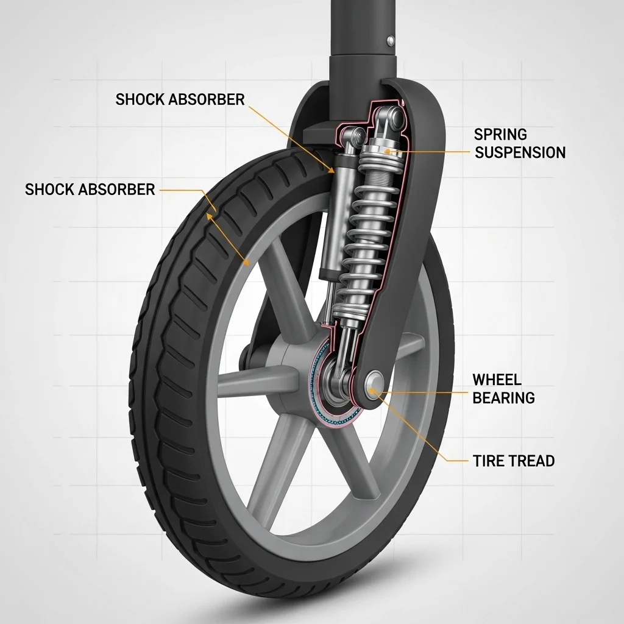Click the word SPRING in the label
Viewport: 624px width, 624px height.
click(x=500, y=135)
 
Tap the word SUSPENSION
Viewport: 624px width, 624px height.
click(x=520, y=152)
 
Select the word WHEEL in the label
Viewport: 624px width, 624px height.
click(x=497, y=380)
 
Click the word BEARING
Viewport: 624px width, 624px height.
click(x=503, y=397)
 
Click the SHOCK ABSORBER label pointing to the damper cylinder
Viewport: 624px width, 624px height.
click(x=180, y=99)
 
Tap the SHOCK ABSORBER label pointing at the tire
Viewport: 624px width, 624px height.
click(x=90, y=190)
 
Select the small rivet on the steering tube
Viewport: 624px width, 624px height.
click(x=391, y=40)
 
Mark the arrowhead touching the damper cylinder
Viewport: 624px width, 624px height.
click(x=330, y=171)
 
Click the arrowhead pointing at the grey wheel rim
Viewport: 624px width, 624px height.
click(x=246, y=261)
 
